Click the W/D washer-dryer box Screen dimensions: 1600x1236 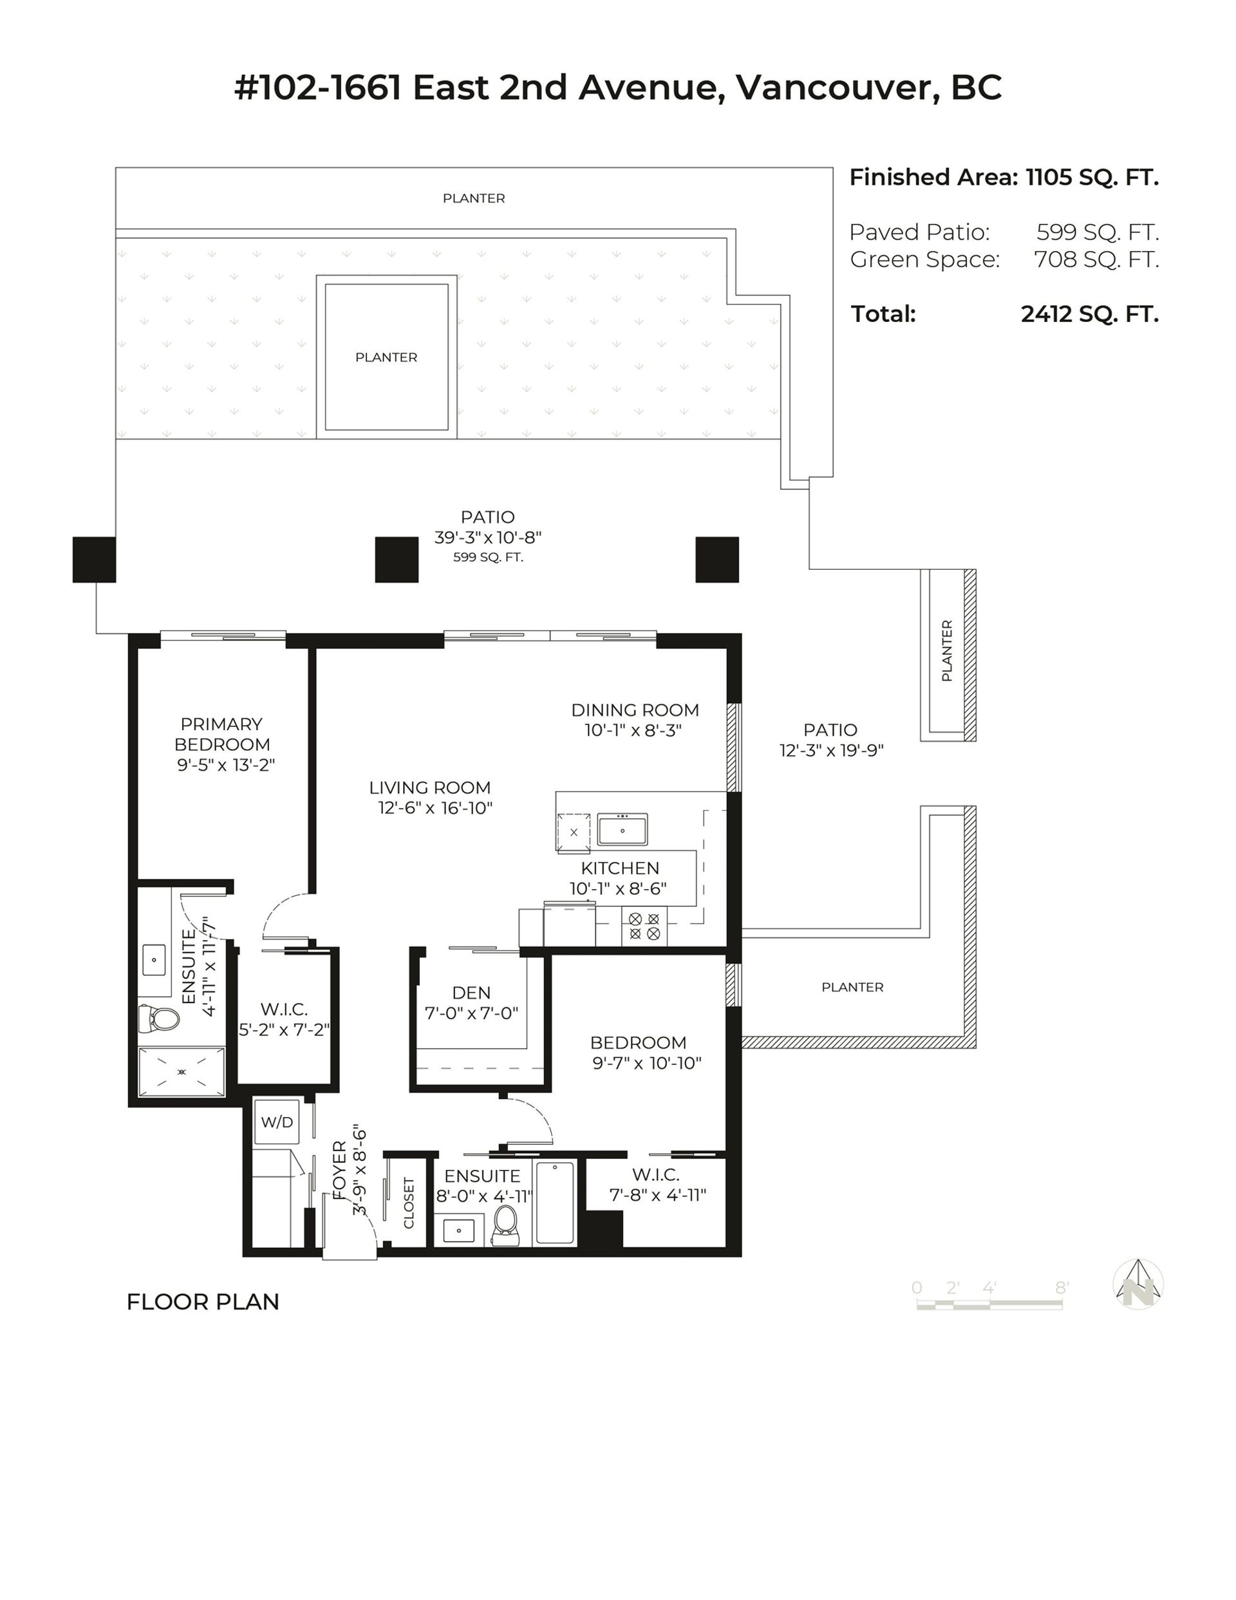(276, 1122)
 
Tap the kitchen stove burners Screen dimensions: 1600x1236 (644, 926)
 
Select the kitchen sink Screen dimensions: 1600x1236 (622, 831)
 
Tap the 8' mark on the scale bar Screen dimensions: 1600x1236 (1062, 1287)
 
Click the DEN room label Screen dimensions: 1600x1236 (471, 993)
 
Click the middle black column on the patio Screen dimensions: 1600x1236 (397, 560)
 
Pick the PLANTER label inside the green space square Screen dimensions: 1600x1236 (386, 357)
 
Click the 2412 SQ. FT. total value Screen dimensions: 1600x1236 (1089, 314)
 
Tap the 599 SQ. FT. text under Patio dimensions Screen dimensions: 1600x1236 (488, 558)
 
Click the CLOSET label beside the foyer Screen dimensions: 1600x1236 (409, 1202)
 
